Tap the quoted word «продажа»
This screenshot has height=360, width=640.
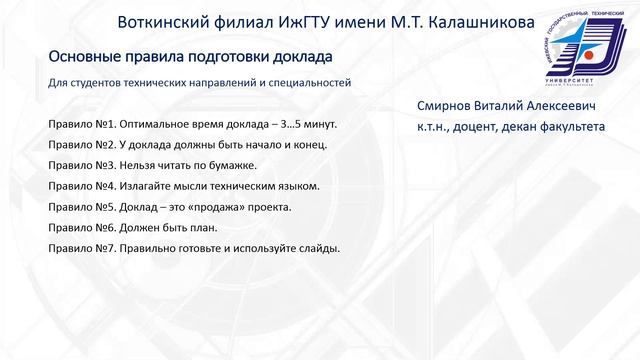[220, 207]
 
